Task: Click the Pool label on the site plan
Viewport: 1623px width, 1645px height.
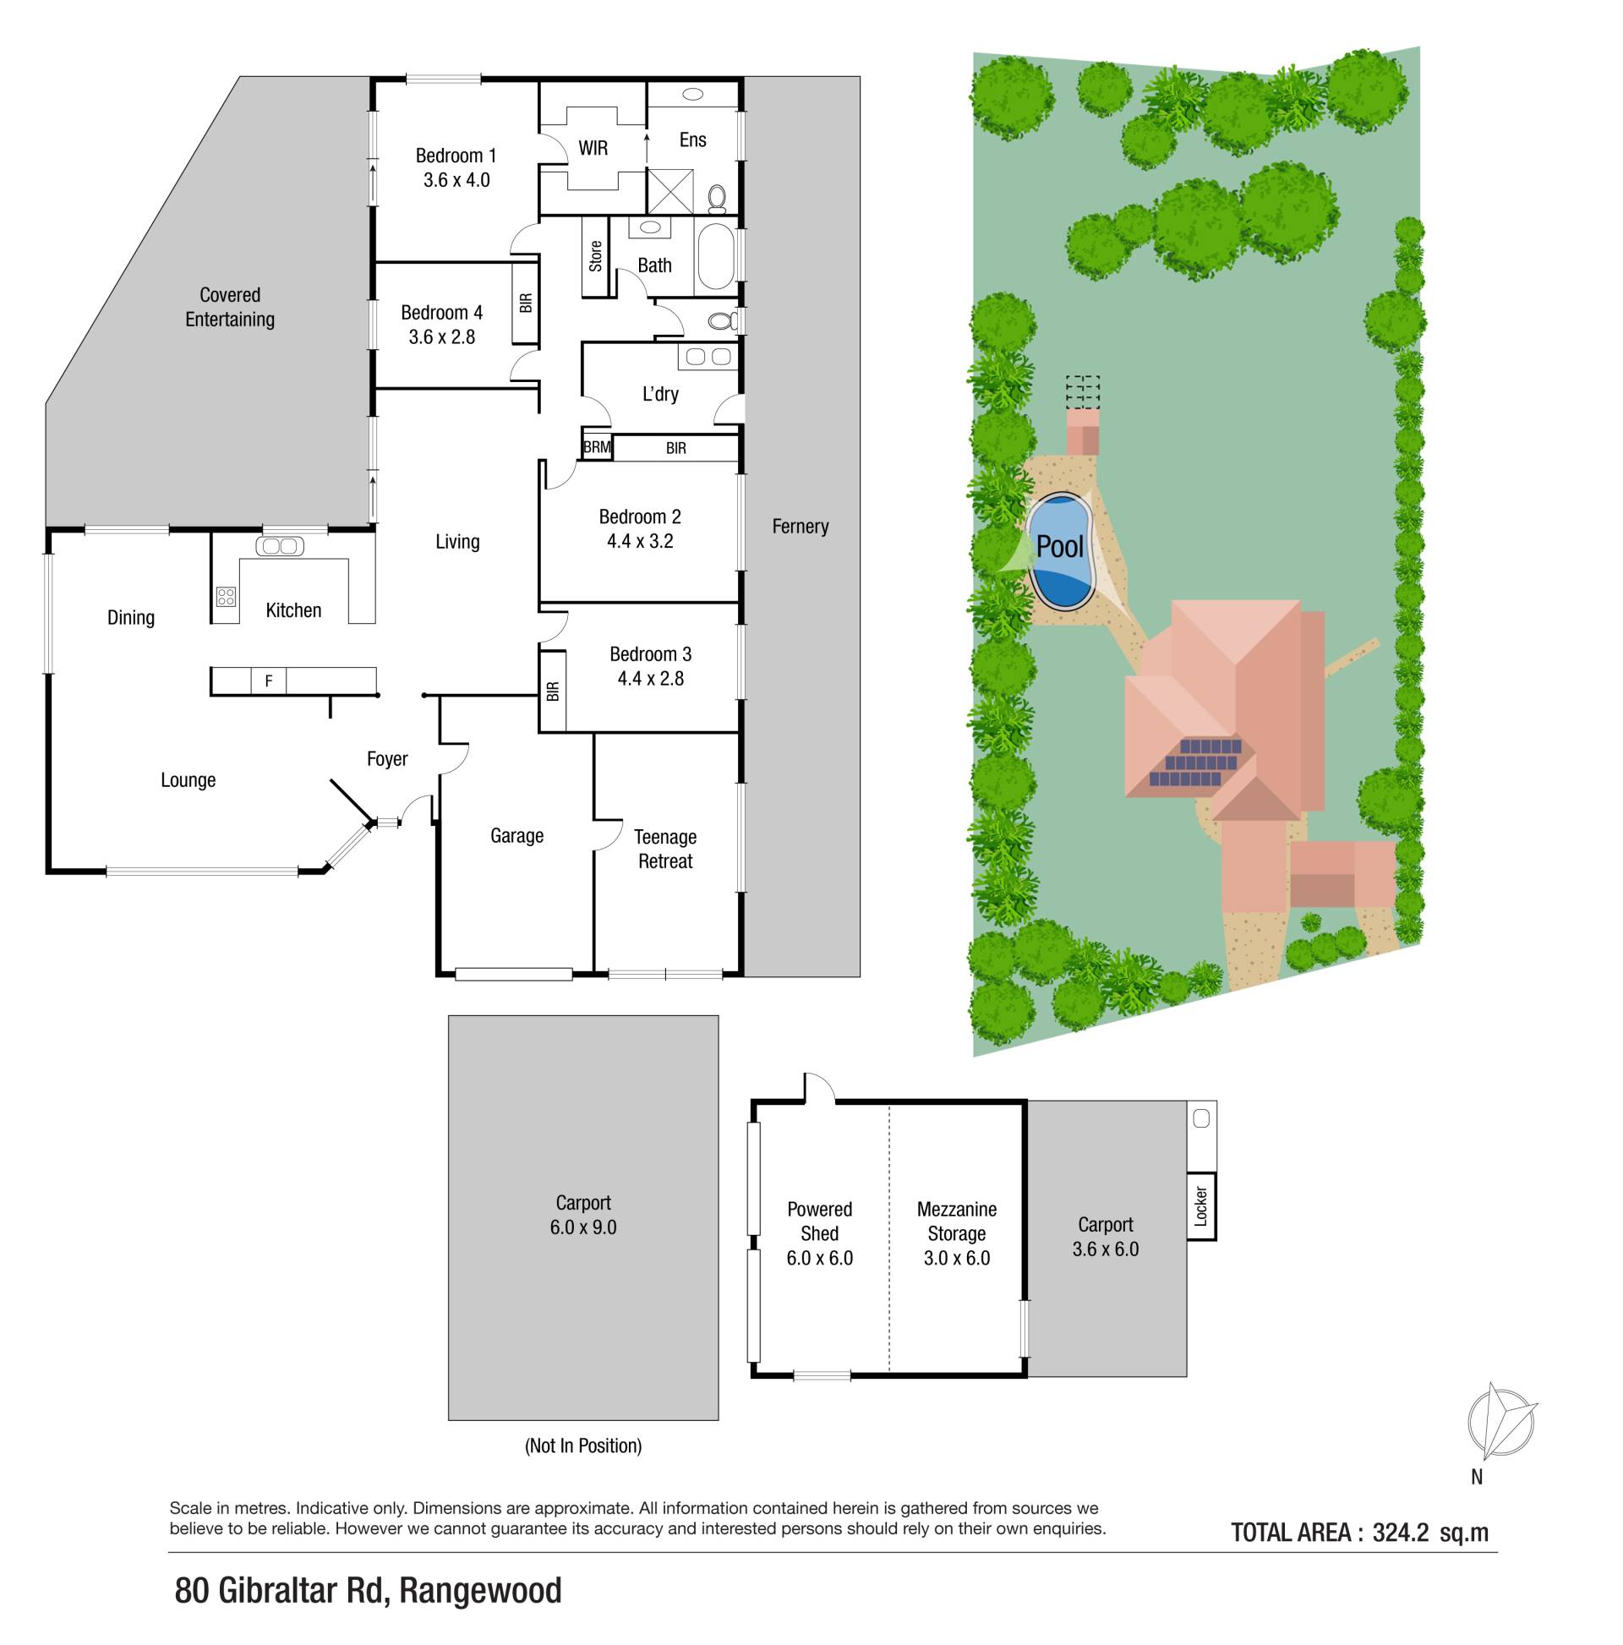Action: click(1059, 546)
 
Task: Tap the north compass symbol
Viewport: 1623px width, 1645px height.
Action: click(1501, 1423)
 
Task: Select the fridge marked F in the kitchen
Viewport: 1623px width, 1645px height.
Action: click(269, 680)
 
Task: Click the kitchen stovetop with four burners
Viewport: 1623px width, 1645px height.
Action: click(226, 596)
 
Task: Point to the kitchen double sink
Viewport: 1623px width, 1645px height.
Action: click(280, 546)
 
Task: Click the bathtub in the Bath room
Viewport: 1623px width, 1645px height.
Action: click(715, 256)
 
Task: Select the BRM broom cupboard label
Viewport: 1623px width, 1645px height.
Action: click(597, 447)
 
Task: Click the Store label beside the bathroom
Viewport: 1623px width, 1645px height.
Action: click(595, 256)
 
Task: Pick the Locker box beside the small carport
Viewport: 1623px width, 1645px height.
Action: click(1200, 1205)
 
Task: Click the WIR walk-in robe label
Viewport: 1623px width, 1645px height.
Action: click(593, 148)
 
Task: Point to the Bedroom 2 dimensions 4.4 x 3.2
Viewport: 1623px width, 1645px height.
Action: click(640, 542)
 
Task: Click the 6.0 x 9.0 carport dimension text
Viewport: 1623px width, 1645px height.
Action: click(583, 1227)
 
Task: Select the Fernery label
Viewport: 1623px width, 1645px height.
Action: click(800, 526)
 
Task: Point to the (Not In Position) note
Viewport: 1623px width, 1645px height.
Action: click(583, 1445)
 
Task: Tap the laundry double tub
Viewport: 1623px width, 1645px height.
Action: click(708, 357)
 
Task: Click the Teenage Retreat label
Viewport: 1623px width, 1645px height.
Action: click(665, 849)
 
